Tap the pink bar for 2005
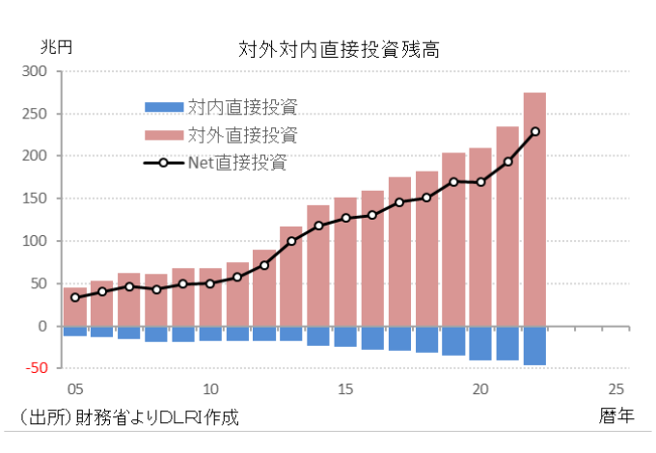click(x=75, y=308)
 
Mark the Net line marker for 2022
click(x=534, y=132)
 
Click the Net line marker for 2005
click(x=75, y=297)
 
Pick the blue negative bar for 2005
click(x=75, y=331)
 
